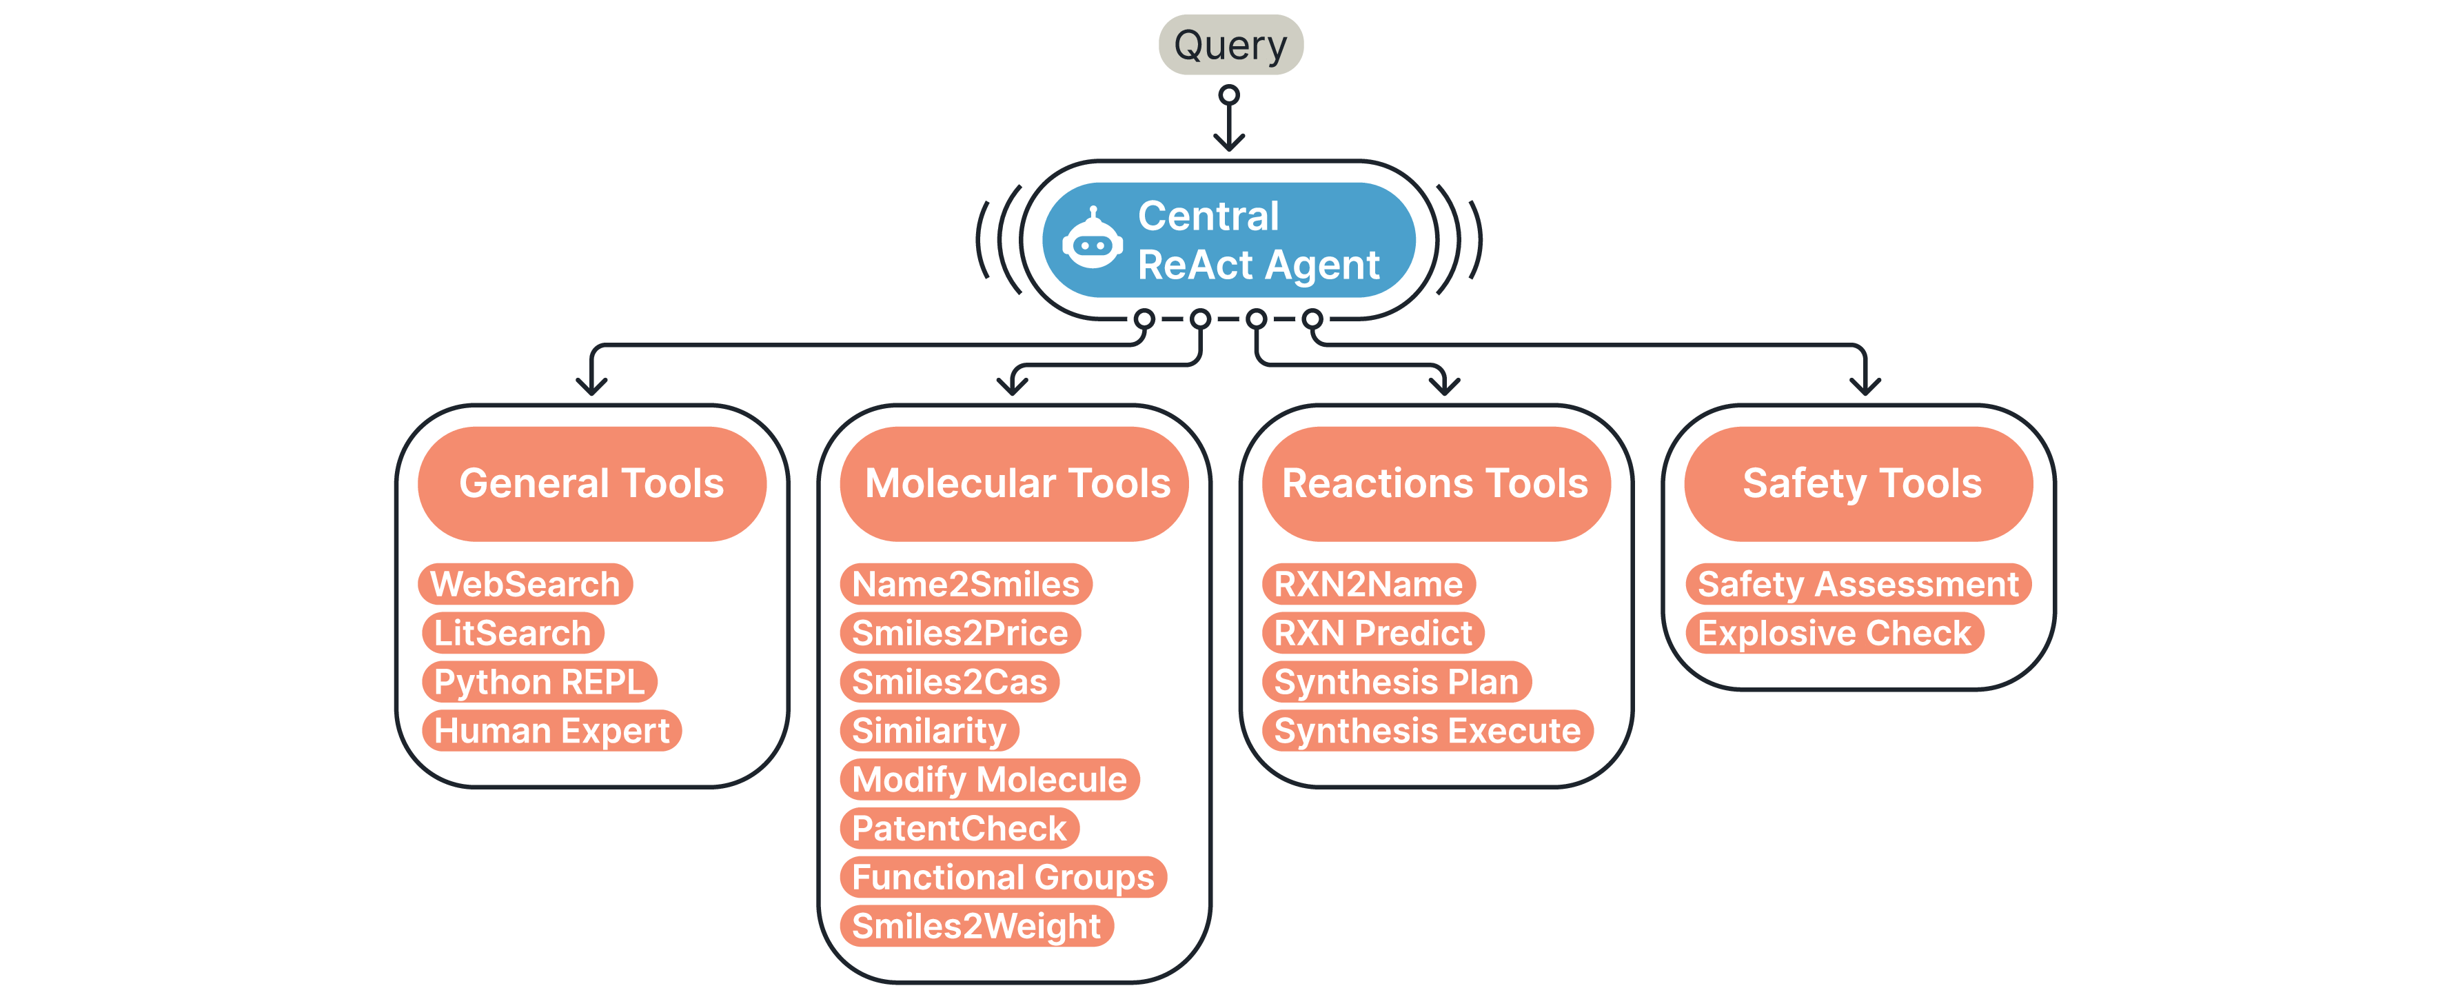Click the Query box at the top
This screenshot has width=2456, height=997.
click(1230, 45)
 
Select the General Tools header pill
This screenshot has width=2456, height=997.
click(591, 484)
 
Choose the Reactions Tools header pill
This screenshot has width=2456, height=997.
click(1435, 484)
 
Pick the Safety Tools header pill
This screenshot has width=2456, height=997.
click(1860, 484)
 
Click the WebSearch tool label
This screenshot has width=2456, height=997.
click(525, 584)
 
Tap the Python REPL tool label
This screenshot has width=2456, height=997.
click(540, 682)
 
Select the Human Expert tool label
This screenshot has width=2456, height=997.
click(552, 731)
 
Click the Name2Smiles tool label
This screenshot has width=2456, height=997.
click(966, 584)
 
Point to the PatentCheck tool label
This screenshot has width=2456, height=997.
click(959, 828)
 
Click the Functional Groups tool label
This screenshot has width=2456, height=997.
click(1003, 878)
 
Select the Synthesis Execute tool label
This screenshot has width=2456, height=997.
click(1428, 731)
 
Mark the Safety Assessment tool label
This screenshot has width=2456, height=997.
click(1858, 584)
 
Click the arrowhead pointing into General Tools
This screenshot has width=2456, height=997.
click(591, 386)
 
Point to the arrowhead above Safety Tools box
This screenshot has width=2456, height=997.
click(1865, 386)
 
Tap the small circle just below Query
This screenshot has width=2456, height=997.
click(1229, 95)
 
